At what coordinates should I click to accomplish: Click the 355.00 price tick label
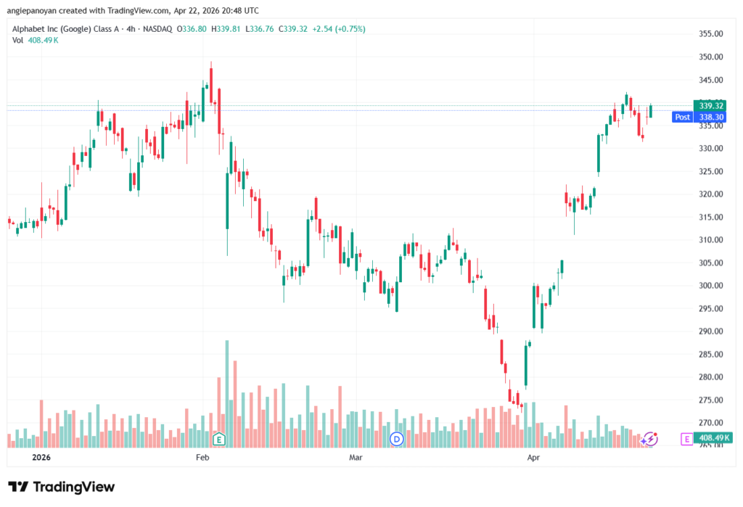712,34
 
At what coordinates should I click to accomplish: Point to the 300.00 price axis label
712,286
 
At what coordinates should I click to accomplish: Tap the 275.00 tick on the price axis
712,400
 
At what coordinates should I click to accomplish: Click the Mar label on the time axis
356,458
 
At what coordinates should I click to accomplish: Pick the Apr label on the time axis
534,458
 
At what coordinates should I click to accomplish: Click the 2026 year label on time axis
42,458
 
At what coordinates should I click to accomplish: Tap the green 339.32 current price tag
712,106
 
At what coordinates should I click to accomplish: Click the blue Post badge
682,117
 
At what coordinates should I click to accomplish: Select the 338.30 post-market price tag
712,117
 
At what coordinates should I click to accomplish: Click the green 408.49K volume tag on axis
712,438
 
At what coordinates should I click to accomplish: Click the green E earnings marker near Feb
218,438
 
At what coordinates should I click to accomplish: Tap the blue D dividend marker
396,438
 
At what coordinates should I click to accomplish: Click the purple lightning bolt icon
651,438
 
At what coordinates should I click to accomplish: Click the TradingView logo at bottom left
61,487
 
